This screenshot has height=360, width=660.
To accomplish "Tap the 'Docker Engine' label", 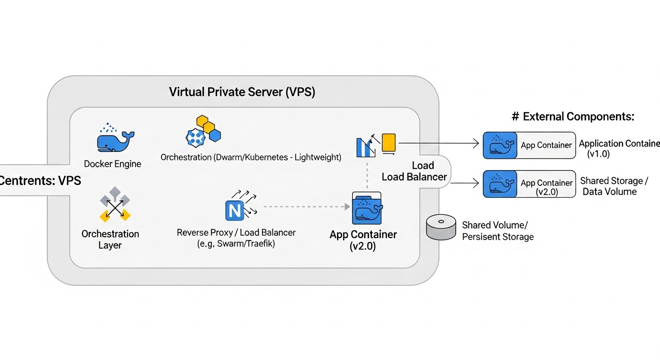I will tap(112, 164).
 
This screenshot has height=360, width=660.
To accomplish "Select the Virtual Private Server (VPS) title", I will tap(242, 92).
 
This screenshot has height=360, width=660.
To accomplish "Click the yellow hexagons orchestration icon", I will tap(208, 127).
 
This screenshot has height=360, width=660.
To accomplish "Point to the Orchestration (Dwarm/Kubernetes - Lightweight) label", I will tap(251, 157).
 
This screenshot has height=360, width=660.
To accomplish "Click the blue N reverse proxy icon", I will tap(234, 211).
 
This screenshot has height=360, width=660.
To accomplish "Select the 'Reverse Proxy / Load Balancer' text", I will tap(236, 232).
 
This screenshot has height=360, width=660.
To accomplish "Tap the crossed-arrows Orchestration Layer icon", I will tap(115, 204).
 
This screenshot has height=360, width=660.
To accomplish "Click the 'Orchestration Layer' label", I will tap(110, 239).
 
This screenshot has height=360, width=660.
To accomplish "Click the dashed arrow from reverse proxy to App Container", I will tap(305, 206).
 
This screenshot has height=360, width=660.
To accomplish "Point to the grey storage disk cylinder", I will tap(441, 227).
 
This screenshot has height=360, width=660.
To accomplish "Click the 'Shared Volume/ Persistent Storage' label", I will tap(497, 231).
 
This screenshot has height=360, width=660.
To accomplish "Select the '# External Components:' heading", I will tap(572, 117).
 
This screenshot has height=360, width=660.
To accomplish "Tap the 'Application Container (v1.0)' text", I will tap(619, 148).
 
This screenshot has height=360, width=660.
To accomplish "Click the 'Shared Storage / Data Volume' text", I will tap(614, 186).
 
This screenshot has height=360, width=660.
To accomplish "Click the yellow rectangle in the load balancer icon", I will tap(389, 143).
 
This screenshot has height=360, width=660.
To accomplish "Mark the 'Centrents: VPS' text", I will tap(40, 180).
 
